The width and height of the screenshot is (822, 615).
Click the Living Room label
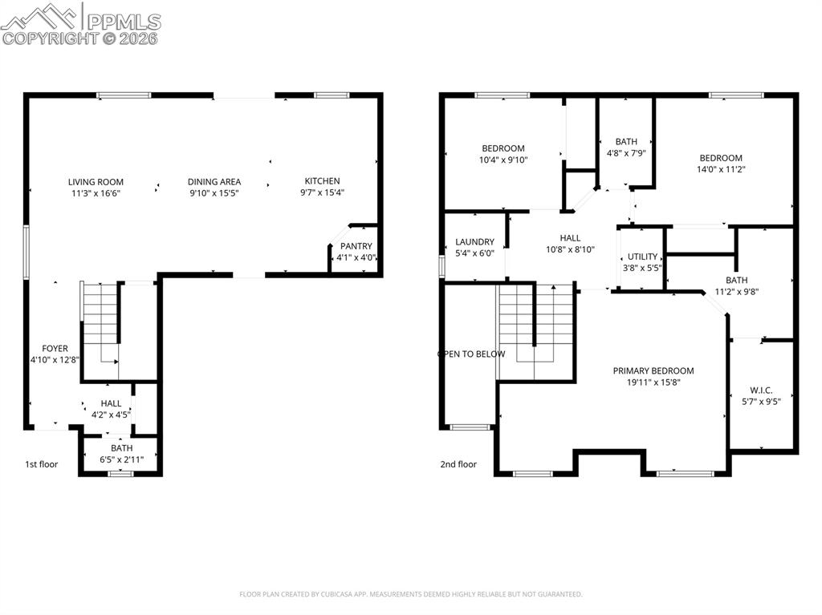click(x=96, y=182)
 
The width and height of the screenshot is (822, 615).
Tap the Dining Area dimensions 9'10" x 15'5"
click(x=214, y=193)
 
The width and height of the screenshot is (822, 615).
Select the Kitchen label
click(x=322, y=181)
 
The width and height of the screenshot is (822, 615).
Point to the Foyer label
click(x=55, y=349)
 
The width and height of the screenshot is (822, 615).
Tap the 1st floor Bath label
click(x=122, y=448)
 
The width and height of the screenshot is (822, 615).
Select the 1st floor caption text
click(x=41, y=464)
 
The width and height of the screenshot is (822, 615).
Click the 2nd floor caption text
click(x=458, y=464)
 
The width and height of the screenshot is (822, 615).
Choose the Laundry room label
click(x=474, y=242)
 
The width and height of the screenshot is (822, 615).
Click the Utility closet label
click(x=642, y=257)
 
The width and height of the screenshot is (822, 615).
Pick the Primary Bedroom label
click(x=653, y=371)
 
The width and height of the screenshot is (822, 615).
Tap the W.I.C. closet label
click(x=761, y=390)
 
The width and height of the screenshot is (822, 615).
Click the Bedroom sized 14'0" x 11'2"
click(x=720, y=164)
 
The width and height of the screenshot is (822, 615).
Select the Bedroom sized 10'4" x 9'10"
click(x=503, y=154)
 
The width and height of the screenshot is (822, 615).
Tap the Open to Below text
click(x=471, y=354)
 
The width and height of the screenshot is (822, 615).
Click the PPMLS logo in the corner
click(x=81, y=23)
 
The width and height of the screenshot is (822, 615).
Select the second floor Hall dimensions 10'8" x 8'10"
click(x=570, y=249)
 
